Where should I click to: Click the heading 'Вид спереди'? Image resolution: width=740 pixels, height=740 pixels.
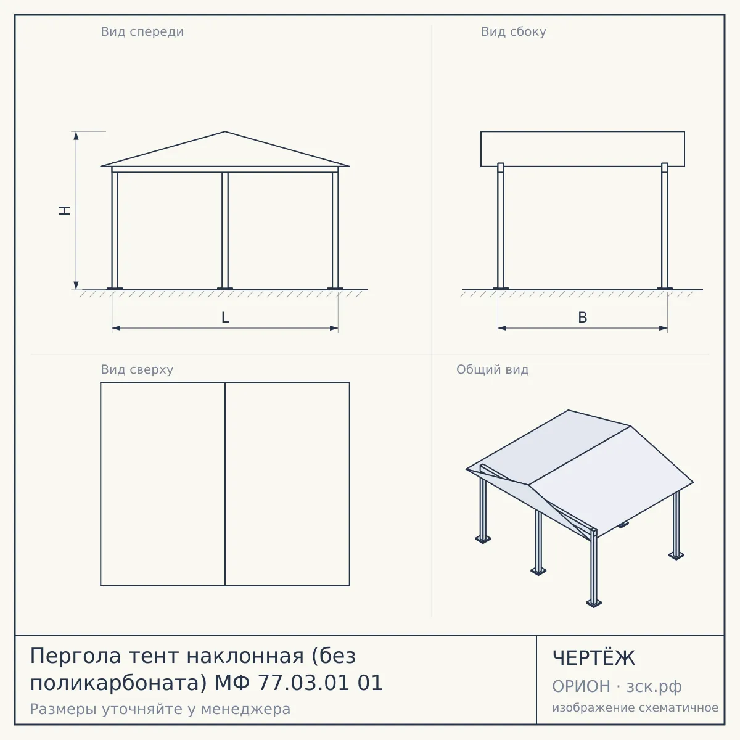[142, 32]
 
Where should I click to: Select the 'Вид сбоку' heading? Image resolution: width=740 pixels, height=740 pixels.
[514, 32]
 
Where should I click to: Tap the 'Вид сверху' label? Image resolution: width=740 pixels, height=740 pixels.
[137, 369]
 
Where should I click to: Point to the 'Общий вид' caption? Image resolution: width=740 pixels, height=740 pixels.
[492, 369]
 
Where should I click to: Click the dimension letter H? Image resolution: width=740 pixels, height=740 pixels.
[65, 210]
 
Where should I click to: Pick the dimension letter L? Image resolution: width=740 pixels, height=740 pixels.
[225, 318]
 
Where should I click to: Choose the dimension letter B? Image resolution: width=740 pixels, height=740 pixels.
[583, 318]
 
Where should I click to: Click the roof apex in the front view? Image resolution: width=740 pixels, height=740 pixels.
[225, 132]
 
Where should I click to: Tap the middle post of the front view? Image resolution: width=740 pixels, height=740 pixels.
[225, 230]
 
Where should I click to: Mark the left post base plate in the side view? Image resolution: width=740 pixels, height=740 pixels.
[501, 289]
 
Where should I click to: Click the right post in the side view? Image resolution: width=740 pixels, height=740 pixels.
[665, 226]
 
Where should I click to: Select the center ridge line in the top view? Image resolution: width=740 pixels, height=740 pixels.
[225, 484]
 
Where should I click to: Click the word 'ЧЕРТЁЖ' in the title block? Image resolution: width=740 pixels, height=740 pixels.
[594, 658]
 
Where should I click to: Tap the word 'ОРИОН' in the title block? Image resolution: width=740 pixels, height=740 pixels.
[581, 686]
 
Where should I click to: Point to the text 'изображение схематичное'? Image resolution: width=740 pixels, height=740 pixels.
[635, 708]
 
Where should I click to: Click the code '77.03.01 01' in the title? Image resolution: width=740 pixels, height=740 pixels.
[320, 683]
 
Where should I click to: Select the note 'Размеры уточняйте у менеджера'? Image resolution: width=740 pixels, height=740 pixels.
[160, 709]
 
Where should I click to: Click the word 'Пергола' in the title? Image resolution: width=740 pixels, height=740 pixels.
[76, 656]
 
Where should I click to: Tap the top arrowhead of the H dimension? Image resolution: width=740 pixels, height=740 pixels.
[76, 136]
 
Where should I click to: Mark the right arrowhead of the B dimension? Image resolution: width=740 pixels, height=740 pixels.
[663, 328]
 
